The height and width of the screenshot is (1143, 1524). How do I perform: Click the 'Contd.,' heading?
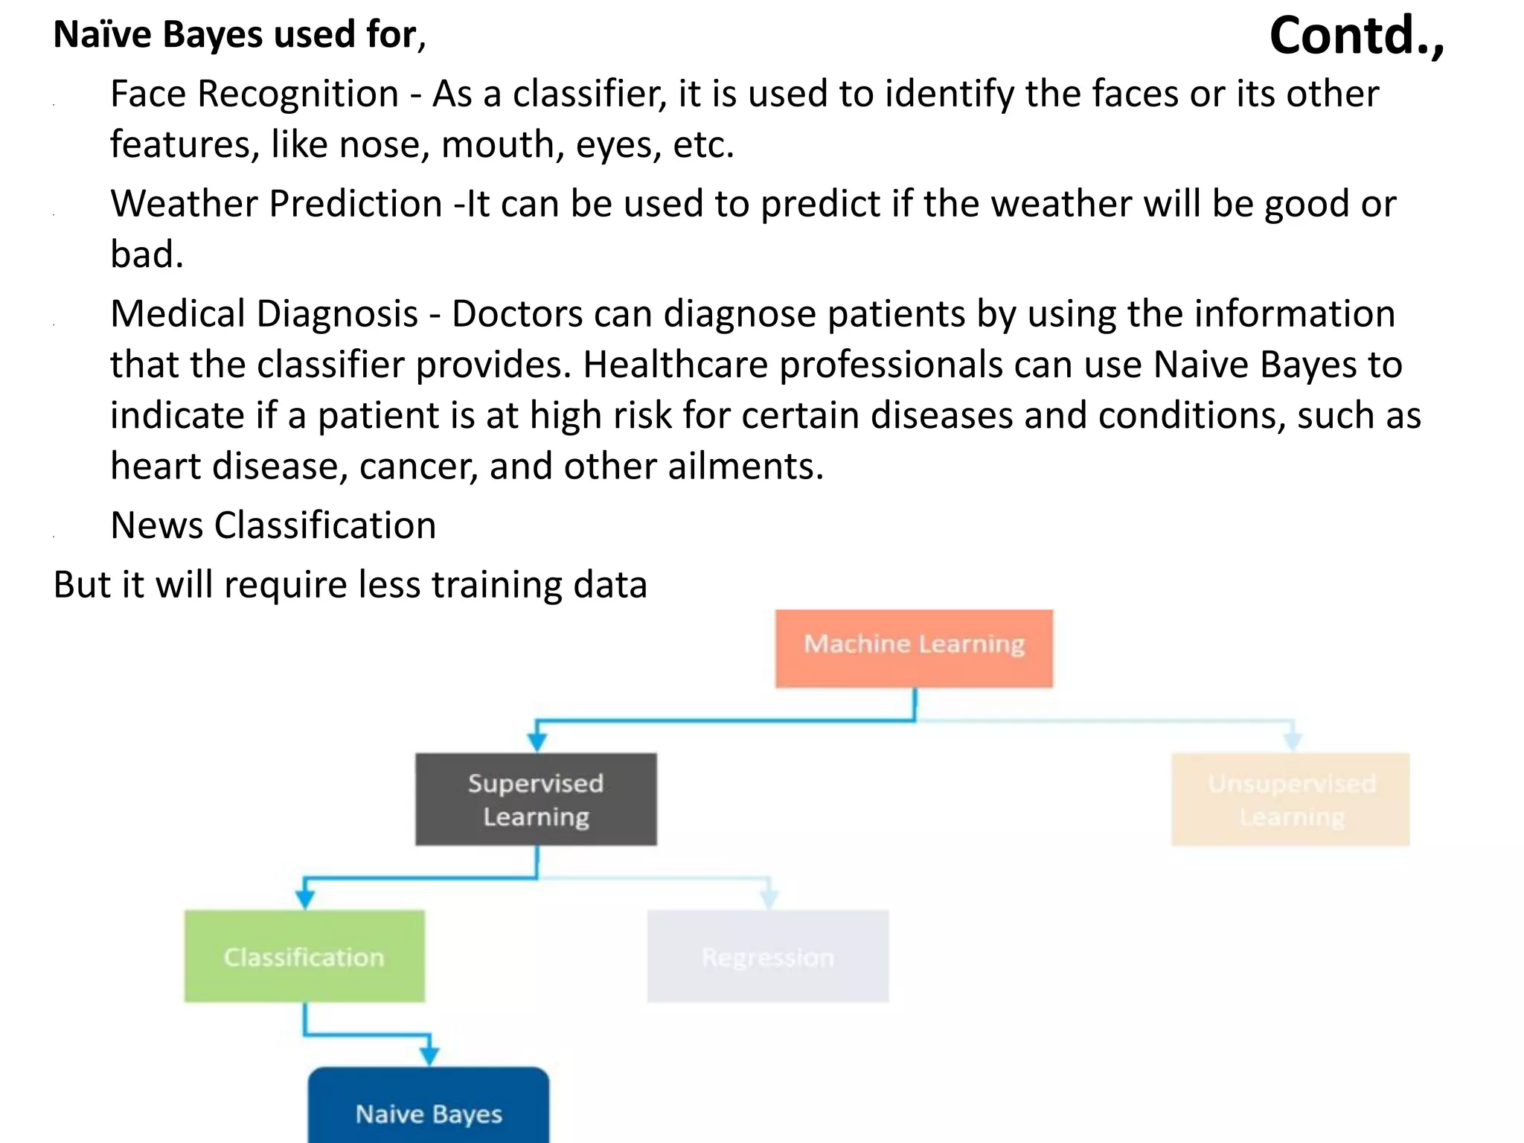click(1356, 36)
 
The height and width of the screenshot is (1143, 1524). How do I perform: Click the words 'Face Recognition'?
click(254, 95)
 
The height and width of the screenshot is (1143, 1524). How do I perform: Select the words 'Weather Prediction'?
click(276, 204)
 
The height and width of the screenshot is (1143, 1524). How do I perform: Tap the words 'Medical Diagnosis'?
click(264, 314)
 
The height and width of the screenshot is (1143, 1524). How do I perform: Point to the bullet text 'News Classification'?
click(273, 525)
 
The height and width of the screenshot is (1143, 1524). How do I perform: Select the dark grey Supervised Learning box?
click(536, 799)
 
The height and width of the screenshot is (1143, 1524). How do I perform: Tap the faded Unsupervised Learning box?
click(1290, 799)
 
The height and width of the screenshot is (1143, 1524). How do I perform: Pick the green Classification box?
click(304, 956)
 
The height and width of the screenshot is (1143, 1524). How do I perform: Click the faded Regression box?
click(767, 956)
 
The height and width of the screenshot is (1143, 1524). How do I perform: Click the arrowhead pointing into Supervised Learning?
click(537, 742)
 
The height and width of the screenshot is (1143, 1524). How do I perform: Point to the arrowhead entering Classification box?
click(304, 899)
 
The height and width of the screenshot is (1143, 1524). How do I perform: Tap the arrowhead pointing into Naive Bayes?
click(429, 1055)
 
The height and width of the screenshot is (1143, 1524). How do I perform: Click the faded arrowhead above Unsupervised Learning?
click(1293, 741)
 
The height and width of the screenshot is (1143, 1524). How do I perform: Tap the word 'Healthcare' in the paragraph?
click(675, 365)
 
